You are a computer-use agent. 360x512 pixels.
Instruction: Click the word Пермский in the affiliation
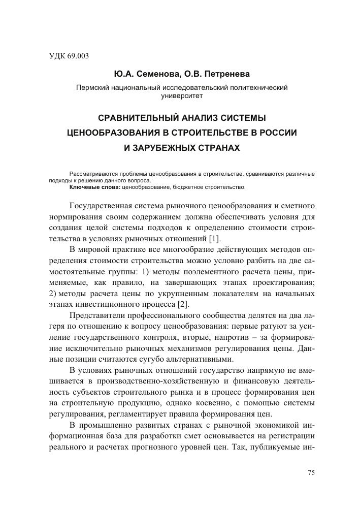tap(91, 87)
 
